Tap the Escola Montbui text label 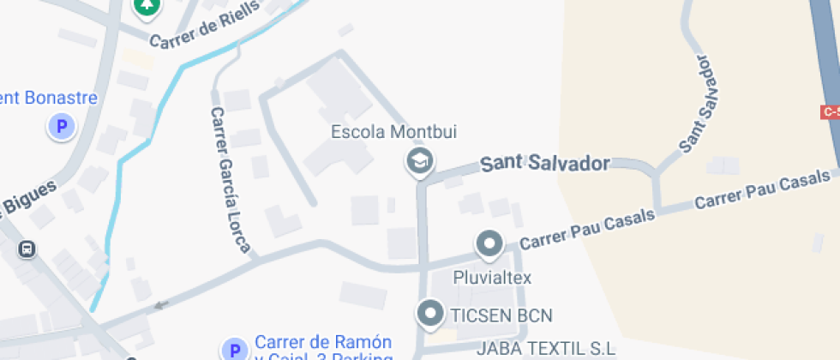point(382,132)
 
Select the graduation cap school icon point(419,160)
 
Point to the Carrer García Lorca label point(230,181)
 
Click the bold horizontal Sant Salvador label point(544,163)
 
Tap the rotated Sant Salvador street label point(697,104)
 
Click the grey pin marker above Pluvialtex point(489,245)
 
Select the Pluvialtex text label point(493,278)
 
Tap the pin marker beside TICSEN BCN point(429,314)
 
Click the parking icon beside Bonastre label point(61,128)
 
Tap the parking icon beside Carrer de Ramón point(233,350)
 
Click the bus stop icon point(27,249)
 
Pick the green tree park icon point(148,6)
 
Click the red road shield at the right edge point(831,112)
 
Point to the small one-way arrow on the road point(161,304)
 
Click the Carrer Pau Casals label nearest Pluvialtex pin point(587,230)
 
